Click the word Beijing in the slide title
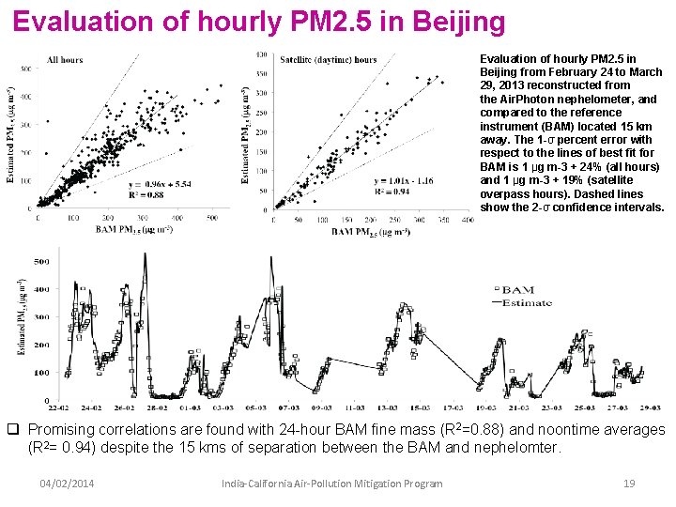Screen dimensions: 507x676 457,21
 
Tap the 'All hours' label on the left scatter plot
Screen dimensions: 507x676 65,60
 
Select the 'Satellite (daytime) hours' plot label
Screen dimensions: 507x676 329,60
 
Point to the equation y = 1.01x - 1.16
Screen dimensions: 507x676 402,180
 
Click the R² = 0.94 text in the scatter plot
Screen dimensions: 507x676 393,191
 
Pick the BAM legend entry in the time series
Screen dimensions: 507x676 516,292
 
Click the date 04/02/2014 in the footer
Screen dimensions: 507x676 66,483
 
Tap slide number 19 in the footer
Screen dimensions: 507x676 630,483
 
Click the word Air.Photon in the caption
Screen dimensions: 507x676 534,99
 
